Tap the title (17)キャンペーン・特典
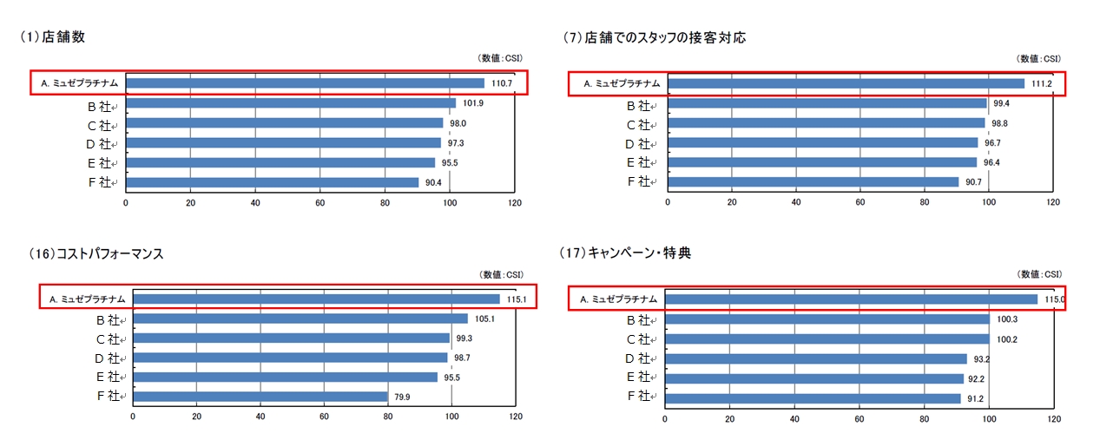pyautogui.click(x=626, y=253)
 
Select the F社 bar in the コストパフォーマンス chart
pyautogui.click(x=260, y=396)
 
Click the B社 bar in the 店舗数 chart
pyautogui.click(x=291, y=103)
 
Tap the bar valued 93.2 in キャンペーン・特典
pyautogui.click(x=815, y=358)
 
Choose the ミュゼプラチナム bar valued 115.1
pyautogui.click(x=316, y=299)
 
